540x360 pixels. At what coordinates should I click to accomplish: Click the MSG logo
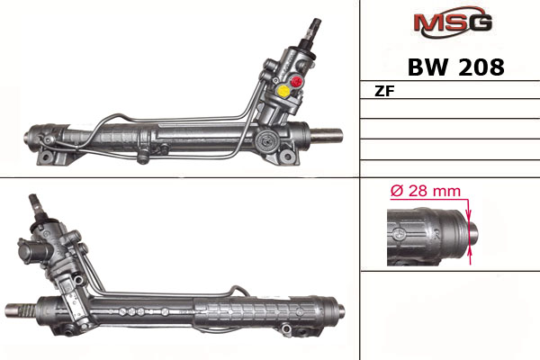[453, 22]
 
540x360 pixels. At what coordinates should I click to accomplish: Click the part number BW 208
[456, 67]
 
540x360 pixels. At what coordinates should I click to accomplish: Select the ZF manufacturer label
[384, 91]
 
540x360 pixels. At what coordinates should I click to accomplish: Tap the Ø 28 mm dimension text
[426, 191]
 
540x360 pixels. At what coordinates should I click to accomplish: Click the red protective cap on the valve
[296, 82]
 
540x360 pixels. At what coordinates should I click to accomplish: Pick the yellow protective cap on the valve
[283, 91]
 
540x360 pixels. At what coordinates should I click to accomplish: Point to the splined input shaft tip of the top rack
[315, 26]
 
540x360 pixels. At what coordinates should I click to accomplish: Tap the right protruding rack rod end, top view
[327, 135]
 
